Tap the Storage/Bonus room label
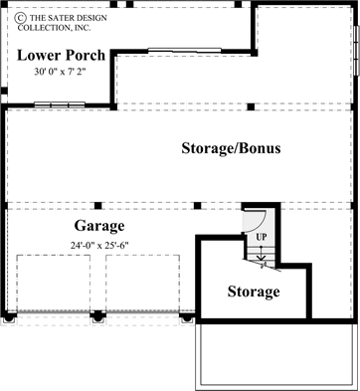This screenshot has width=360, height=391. (x=231, y=148)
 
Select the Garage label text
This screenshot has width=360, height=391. (x=98, y=224)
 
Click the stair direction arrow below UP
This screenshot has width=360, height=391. (x=261, y=256)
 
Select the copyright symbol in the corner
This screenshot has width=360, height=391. (x=8, y=8)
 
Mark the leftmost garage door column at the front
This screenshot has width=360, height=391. (x=9, y=317)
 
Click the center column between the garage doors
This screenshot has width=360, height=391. (x=97, y=317)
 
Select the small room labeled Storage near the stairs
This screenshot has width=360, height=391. (x=253, y=293)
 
